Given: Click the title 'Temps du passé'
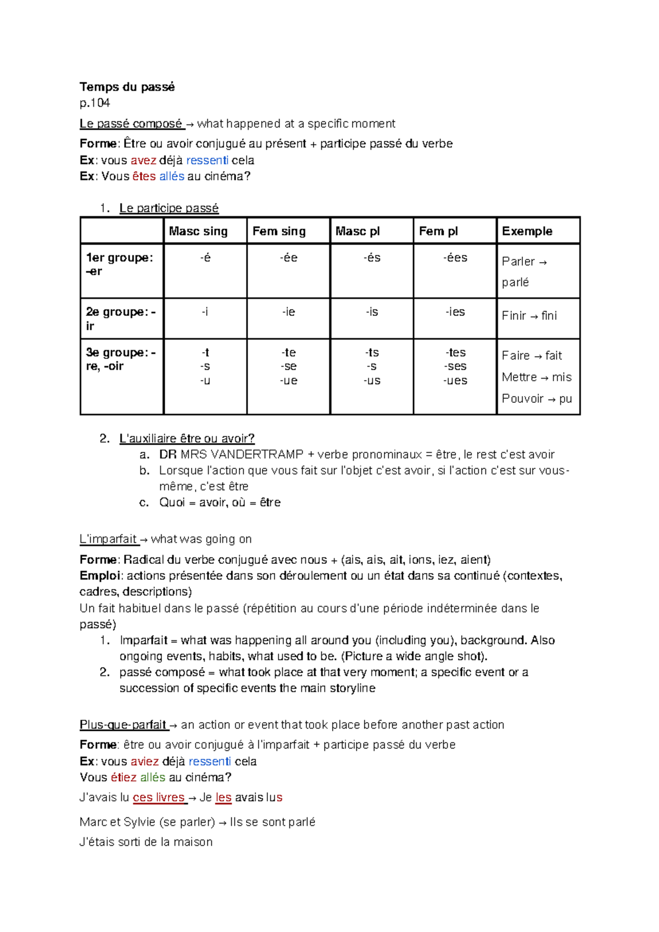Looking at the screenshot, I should [127, 87].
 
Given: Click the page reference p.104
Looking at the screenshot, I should [94, 103].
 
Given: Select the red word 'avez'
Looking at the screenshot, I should [143, 160].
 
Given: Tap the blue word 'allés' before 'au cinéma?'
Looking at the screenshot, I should [171, 176].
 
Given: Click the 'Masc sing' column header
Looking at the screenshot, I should [198, 231].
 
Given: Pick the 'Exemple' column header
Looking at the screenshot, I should [527, 231].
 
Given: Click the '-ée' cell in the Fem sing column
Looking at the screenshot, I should [288, 258].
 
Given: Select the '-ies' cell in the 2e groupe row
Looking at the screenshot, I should [455, 312].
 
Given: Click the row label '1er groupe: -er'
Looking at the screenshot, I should [119, 264].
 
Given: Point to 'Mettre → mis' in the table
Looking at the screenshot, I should [536, 378].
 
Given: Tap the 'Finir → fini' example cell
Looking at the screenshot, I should [529, 316].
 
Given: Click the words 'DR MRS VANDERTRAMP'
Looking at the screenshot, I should [231, 455].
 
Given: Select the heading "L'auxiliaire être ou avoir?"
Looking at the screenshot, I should [187, 439].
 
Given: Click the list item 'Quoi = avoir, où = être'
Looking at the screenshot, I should [220, 503].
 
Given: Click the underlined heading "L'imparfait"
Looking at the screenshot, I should [109, 540].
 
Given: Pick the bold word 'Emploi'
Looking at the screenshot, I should [99, 576].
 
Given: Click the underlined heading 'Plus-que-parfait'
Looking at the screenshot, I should [123, 725].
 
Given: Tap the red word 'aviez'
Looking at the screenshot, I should [144, 762].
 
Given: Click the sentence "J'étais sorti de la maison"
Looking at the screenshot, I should [146, 842].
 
